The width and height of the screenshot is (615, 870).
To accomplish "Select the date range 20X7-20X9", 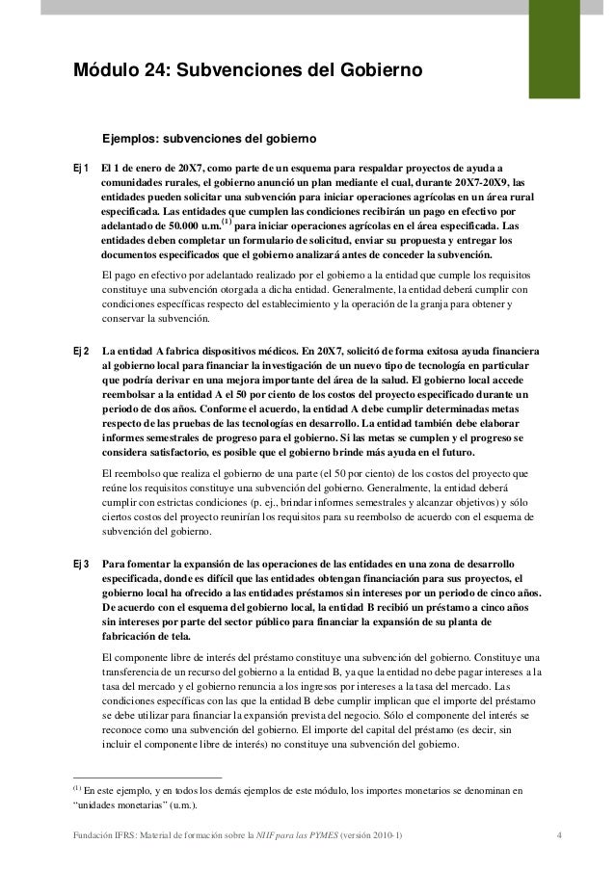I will coord(469,180).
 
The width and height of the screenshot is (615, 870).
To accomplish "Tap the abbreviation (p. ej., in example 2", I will coord(278,502).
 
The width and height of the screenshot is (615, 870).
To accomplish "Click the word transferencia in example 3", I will coord(137,672).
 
